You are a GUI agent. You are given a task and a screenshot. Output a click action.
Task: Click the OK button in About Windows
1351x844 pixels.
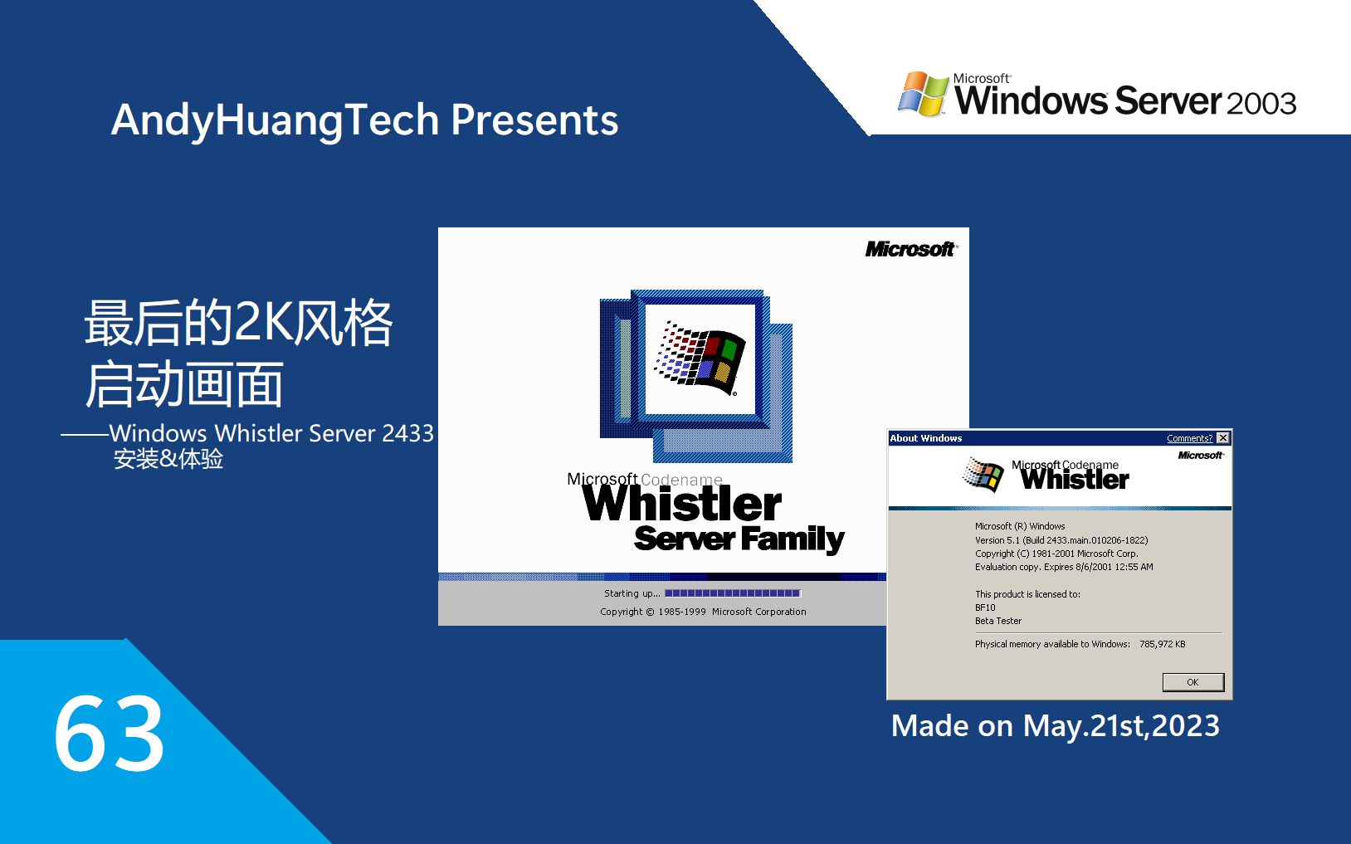[x=1192, y=682]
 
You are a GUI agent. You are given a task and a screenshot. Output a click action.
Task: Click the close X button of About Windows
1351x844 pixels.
[x=1223, y=438]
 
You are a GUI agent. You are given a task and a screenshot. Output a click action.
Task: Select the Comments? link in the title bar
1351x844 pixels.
[x=1189, y=438]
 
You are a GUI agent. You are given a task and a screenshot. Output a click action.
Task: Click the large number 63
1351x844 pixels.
[x=109, y=734]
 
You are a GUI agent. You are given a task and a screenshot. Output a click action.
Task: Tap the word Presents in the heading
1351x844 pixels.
[x=534, y=120]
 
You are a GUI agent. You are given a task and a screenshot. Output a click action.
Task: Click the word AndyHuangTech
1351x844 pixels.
[x=275, y=120]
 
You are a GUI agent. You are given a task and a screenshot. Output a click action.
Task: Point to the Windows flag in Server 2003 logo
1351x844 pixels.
[x=923, y=94]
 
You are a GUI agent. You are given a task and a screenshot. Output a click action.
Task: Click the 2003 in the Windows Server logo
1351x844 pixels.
[x=1261, y=104]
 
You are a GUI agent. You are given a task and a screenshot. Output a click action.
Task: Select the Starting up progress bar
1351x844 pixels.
[x=732, y=593]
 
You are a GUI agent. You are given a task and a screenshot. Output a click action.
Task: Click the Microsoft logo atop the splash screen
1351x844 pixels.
[x=910, y=249]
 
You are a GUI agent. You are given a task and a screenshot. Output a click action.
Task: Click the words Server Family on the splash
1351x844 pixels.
[x=739, y=539]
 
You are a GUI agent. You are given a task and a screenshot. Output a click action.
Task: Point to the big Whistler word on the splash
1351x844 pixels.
[x=681, y=504]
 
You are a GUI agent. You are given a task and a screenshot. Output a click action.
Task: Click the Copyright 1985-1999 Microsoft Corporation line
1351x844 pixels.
[x=703, y=612]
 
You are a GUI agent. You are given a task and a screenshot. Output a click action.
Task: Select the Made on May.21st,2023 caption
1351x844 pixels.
[x=1055, y=726]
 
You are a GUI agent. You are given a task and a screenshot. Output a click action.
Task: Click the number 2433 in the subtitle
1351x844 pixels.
[x=407, y=433]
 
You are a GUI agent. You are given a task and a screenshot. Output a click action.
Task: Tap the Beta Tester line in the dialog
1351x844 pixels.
[x=998, y=621]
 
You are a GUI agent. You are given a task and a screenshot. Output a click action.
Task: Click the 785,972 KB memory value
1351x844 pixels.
[x=1162, y=644]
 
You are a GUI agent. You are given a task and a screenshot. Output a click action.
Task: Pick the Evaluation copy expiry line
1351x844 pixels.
[x=1064, y=567]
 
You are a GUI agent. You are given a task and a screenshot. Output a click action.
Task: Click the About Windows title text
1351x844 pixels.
[x=926, y=438]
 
